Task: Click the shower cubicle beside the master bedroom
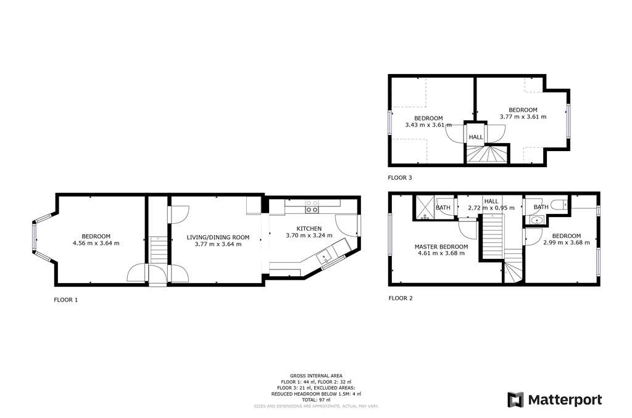(x=425, y=208)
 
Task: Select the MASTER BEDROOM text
(x=441, y=247)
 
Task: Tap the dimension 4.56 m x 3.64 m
(x=96, y=243)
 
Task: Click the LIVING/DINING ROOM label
(x=218, y=237)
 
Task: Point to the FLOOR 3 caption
(x=400, y=178)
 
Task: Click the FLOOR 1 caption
(x=67, y=300)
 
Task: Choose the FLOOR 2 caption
(x=400, y=298)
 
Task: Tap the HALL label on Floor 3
(x=476, y=137)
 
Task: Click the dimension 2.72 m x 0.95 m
(x=491, y=208)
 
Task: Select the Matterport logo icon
(x=516, y=400)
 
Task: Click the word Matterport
(x=565, y=400)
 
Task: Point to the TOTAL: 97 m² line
(x=316, y=400)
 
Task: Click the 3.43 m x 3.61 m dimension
(x=428, y=125)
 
